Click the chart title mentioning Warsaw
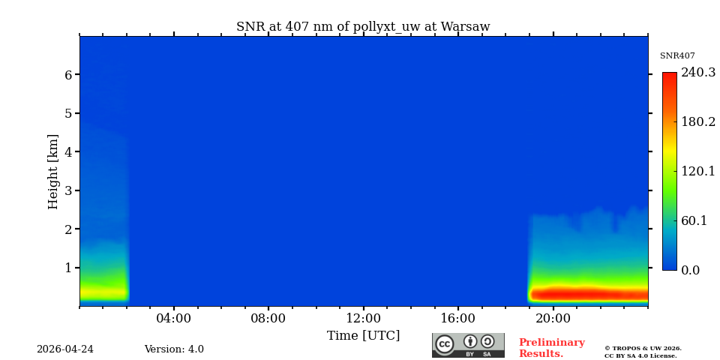[363, 27]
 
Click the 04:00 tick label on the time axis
[173, 319]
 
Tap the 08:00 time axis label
[268, 319]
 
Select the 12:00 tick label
[363, 319]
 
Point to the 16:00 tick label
[457, 319]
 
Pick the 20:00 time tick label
[553, 319]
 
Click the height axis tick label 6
[68, 75]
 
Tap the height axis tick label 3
[68, 190]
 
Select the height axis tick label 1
[68, 268]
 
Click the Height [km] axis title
[53, 171]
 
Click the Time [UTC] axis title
[363, 336]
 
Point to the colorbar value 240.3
[697, 73]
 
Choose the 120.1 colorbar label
[697, 171]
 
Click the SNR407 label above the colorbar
[677, 56]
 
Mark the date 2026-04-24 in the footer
[65, 349]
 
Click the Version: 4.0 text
[174, 349]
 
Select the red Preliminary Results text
[551, 348]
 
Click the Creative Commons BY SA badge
[468, 345]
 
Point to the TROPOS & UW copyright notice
[643, 352]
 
